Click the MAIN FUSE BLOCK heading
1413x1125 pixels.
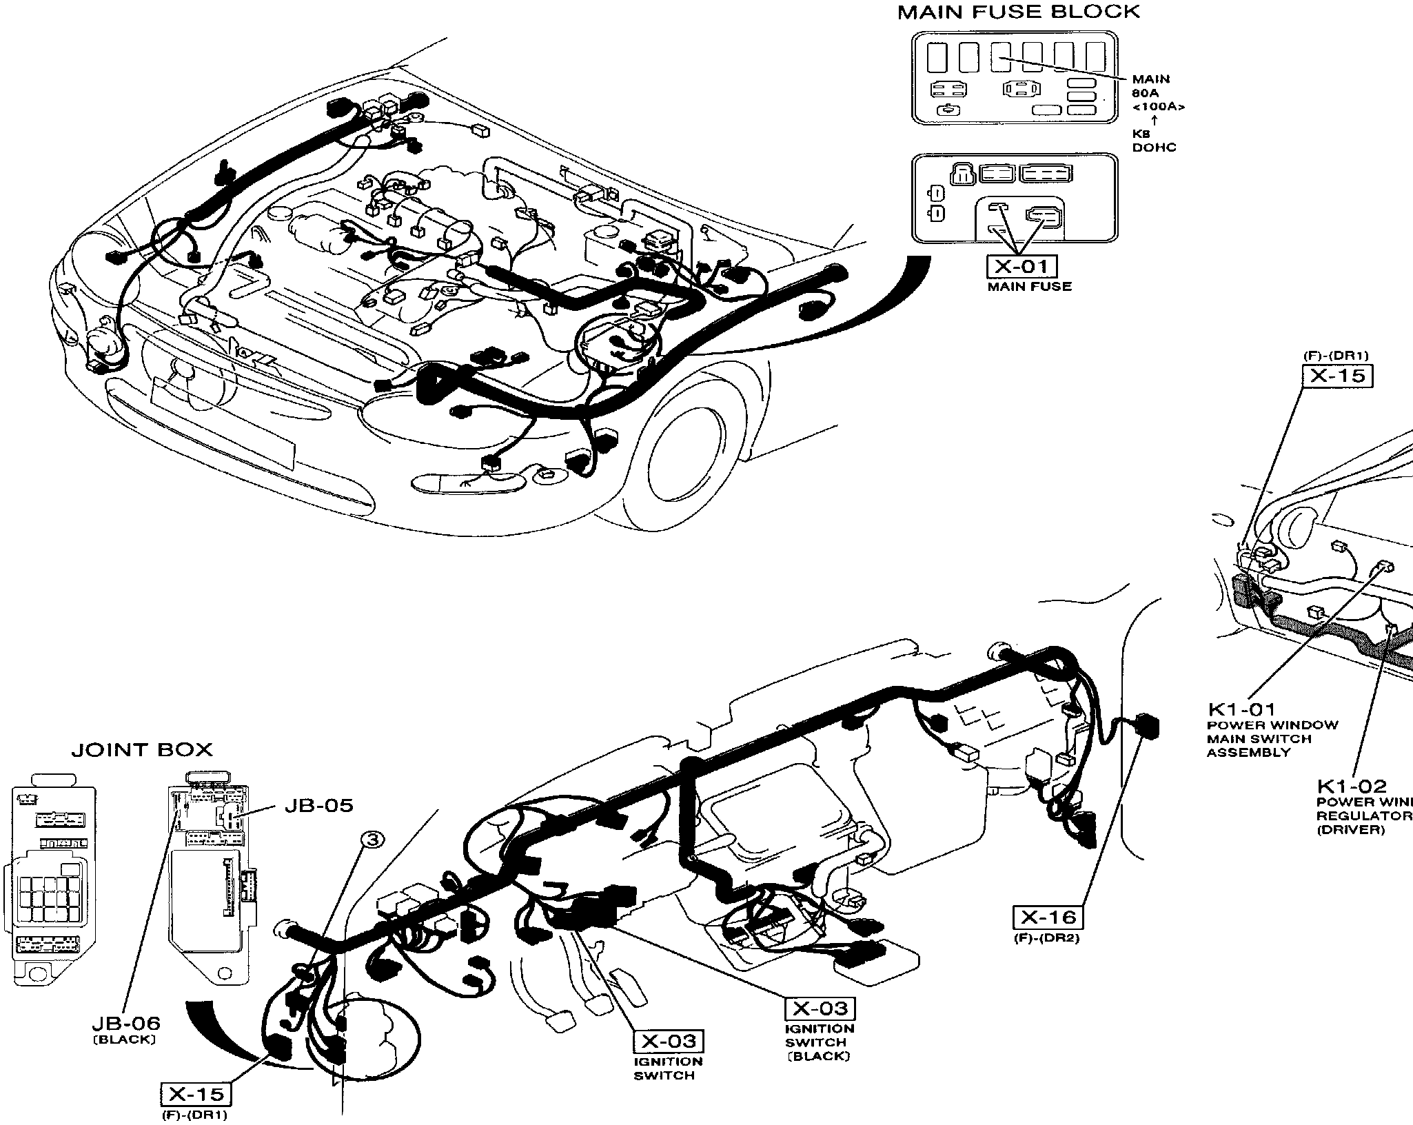tap(1019, 12)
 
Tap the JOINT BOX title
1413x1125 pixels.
tap(142, 749)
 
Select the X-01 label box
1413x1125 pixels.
tap(1022, 266)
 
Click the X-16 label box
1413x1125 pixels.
tap(1048, 917)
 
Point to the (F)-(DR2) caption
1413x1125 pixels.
tap(1046, 938)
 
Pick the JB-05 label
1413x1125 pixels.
tap(318, 805)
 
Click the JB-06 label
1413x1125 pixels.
tap(125, 1023)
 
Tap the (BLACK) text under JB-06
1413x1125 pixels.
tap(125, 1040)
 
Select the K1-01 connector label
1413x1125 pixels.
tap(1241, 709)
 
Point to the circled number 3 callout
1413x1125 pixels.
tap(372, 840)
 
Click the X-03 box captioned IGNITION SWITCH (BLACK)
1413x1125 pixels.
tap(820, 1009)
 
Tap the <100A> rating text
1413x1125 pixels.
tap(1158, 107)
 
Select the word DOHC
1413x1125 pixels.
tap(1154, 148)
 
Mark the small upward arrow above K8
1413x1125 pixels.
tap(1155, 120)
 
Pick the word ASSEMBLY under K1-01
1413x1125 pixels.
tap(1248, 753)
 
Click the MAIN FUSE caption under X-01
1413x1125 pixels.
tap(1029, 287)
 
